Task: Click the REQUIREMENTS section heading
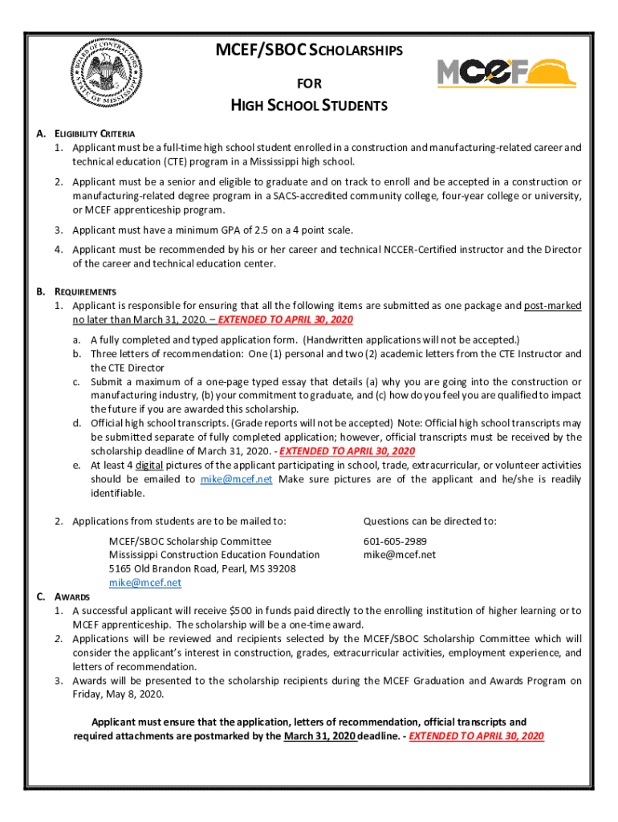(85, 291)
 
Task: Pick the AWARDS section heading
(72, 597)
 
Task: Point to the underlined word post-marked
(553, 306)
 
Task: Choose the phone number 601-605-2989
(395, 541)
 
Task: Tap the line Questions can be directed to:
(429, 521)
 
